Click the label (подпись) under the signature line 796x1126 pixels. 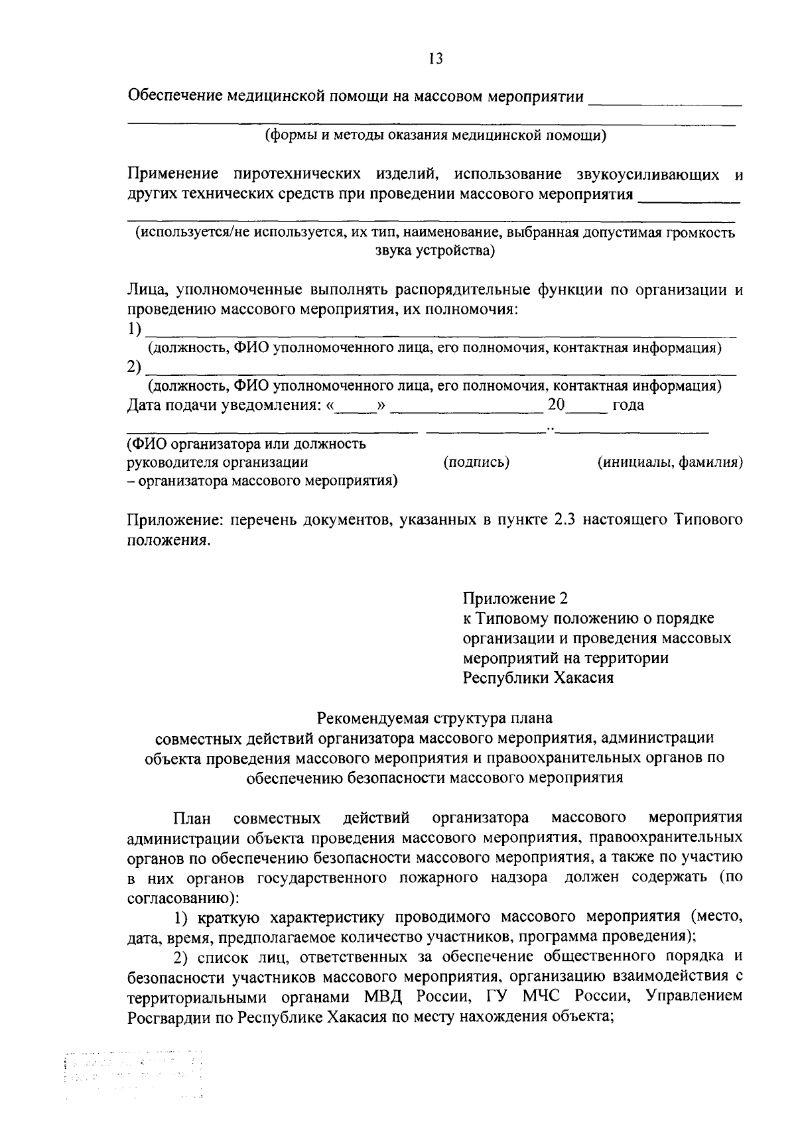click(x=476, y=462)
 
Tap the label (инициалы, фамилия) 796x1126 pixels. click(x=669, y=462)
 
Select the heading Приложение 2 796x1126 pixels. click(x=515, y=598)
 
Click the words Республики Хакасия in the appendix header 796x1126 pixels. click(x=538, y=678)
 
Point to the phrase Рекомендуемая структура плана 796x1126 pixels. click(x=434, y=718)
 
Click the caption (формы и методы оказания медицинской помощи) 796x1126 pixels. click(x=436, y=136)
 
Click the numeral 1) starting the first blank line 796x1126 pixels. click(x=134, y=329)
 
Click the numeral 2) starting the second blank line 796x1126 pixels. click(x=134, y=367)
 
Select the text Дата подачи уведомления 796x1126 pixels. click(x=224, y=405)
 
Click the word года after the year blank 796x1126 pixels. click(x=628, y=405)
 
